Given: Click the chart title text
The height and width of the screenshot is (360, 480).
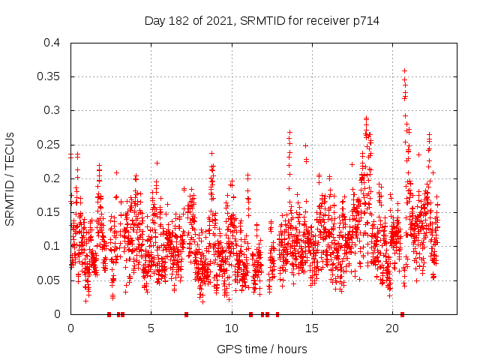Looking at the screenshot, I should pyautogui.click(x=262, y=21).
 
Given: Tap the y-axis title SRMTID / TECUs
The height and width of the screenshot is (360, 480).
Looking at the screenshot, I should pyautogui.click(x=10, y=178).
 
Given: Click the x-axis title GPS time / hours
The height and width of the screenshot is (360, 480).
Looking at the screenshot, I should pyautogui.click(x=262, y=349).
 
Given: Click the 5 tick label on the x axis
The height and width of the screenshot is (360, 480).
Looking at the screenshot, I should pyautogui.click(x=151, y=328).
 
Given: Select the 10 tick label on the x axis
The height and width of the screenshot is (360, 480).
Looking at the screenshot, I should pyautogui.click(x=232, y=328).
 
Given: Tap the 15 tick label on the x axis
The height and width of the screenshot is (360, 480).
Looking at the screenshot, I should pyautogui.click(x=312, y=328).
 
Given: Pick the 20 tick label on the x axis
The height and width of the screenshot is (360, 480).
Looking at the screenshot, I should pyautogui.click(x=393, y=328).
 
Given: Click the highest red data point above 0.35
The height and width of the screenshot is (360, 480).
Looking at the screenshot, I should pyautogui.click(x=404, y=70).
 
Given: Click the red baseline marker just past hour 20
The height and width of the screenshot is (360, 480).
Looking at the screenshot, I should pyautogui.click(x=403, y=314).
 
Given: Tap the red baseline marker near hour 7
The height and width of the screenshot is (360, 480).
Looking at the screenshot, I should pyautogui.click(x=186, y=314).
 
